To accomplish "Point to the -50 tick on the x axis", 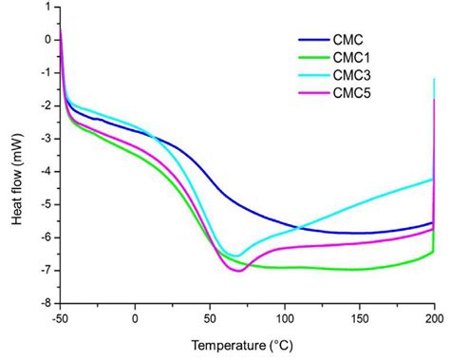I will (61, 318).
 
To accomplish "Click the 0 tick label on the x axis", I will (136, 318).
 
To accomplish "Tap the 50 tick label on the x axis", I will (210, 318).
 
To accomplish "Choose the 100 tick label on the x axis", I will (285, 318).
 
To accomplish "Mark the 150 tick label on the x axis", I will (359, 318).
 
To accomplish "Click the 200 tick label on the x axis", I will (433, 318).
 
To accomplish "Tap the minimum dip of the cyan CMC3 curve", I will (234, 256).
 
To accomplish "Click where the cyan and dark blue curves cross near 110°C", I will (299, 227).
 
